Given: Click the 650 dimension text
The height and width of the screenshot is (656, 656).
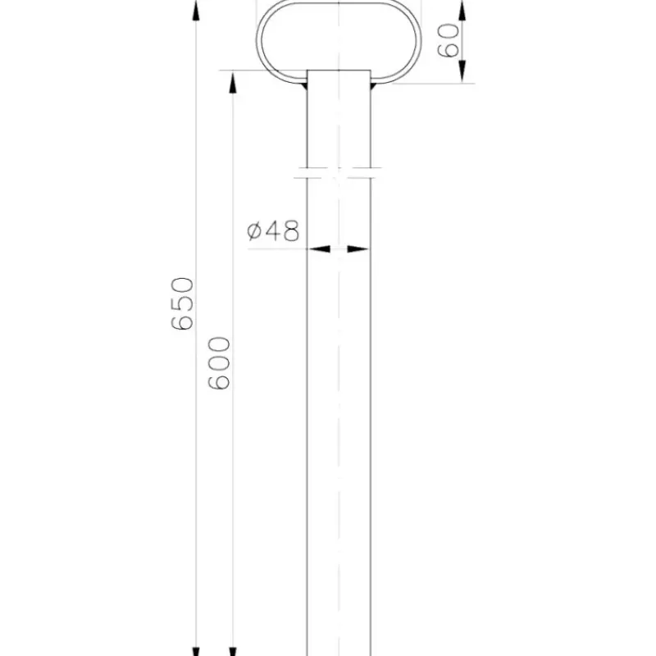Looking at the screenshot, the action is (183, 303).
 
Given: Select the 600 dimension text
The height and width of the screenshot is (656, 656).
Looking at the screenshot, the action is (219, 363).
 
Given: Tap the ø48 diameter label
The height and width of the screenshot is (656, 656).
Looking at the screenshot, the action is (274, 230).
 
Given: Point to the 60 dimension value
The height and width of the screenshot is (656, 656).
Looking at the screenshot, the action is (448, 40).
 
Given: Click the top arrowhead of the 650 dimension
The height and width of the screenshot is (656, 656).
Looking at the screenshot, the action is (196, 10).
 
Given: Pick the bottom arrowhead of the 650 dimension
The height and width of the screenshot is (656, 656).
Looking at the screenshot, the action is (196, 651).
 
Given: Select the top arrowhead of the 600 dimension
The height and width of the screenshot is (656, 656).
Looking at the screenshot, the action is (233, 83).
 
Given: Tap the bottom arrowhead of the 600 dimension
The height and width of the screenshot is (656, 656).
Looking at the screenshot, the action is (233, 651).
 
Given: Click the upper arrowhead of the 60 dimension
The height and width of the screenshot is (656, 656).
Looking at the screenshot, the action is (462, 10).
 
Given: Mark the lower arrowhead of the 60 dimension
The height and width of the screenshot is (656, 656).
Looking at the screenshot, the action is (462, 71).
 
